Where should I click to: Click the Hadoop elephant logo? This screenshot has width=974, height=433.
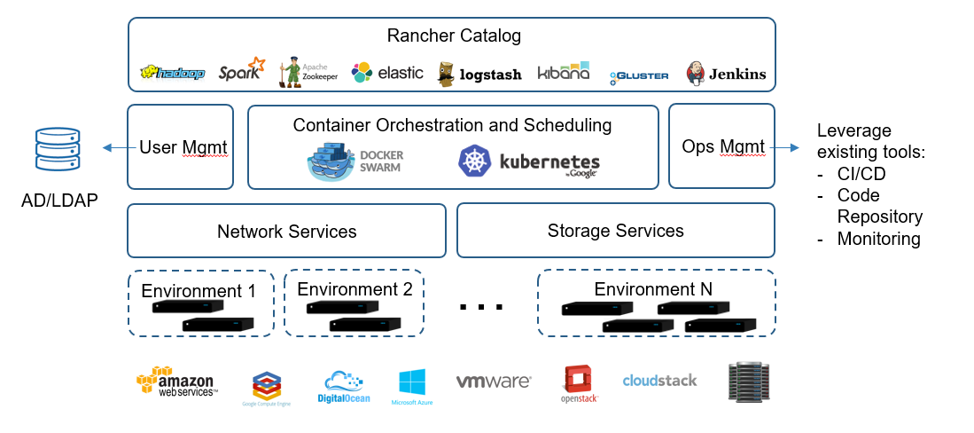[172, 73]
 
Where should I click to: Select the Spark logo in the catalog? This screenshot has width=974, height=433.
[241, 71]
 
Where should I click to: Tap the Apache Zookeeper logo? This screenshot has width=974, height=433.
[307, 72]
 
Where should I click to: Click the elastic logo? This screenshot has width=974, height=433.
[387, 73]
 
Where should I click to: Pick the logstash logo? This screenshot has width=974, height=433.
[479, 75]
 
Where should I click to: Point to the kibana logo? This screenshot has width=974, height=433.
[563, 72]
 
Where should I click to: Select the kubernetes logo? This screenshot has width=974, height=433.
[528, 161]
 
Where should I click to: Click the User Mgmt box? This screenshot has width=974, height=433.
[181, 146]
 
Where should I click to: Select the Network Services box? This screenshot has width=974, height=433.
[286, 232]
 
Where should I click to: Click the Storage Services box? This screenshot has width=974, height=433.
[616, 231]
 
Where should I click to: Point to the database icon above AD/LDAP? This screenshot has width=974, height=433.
[57, 150]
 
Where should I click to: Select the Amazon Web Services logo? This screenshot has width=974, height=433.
[177, 382]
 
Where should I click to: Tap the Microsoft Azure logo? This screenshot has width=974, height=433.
[412, 386]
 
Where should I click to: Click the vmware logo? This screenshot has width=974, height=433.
[494, 382]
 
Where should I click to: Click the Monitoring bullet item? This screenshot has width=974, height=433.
[877, 239]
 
